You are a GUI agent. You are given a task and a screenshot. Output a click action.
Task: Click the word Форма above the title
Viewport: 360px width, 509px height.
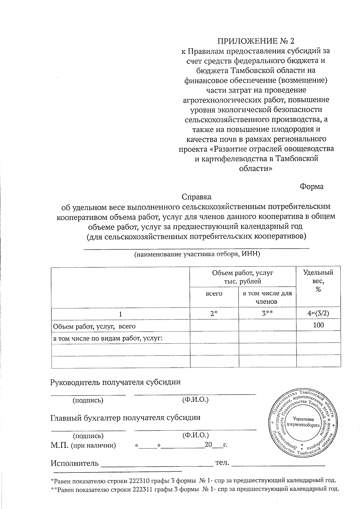click(x=312, y=187)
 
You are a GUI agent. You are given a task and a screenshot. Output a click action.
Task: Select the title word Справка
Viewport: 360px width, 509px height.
click(x=196, y=197)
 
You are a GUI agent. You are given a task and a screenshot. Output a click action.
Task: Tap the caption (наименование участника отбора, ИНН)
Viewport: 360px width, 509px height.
click(x=196, y=254)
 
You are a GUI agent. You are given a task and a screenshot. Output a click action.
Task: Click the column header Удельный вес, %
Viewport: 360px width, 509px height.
click(x=318, y=281)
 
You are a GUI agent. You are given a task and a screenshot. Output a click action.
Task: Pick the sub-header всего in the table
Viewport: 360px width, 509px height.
click(x=214, y=294)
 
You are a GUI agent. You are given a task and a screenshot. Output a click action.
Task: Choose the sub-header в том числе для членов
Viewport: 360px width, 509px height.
click(x=267, y=297)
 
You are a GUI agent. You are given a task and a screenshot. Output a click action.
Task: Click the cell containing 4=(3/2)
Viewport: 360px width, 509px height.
click(x=318, y=313)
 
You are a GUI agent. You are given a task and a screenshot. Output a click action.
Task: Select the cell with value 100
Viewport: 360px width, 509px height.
click(x=318, y=325)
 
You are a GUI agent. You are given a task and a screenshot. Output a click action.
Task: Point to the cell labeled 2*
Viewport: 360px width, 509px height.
click(x=214, y=313)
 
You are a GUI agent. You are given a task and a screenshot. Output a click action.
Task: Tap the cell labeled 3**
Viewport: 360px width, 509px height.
click(x=267, y=313)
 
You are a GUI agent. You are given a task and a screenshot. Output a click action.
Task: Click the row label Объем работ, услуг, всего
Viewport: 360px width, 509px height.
click(x=94, y=326)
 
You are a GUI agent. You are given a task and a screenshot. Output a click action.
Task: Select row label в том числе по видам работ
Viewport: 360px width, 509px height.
click(x=107, y=338)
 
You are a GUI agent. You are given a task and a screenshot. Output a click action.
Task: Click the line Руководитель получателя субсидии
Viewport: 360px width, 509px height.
click(x=115, y=382)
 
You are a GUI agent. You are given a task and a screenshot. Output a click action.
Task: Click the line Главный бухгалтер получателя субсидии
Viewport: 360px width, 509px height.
click(x=125, y=418)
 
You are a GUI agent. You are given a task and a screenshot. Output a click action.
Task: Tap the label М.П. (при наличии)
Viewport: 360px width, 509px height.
click(x=83, y=445)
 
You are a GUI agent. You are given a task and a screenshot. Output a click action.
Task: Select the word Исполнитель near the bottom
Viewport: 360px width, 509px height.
click(x=74, y=463)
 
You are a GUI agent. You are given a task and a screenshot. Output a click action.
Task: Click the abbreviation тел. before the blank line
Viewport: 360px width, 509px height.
click(x=222, y=463)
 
